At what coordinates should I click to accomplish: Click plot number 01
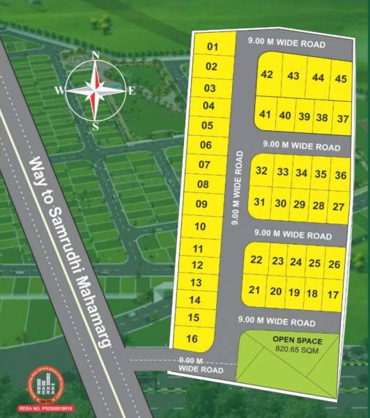[213, 47]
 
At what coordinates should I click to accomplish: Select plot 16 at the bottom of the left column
[193, 339]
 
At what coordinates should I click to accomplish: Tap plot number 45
[340, 79]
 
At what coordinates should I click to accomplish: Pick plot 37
[342, 118]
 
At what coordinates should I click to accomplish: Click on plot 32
[261, 171]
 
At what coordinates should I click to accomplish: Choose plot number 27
[338, 206]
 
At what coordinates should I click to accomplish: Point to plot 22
[256, 260]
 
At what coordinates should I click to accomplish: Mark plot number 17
[332, 295]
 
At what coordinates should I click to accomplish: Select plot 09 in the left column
[202, 204]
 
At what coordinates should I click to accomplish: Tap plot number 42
[267, 75]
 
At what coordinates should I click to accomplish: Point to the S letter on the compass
[95, 126]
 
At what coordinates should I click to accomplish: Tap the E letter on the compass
[132, 90]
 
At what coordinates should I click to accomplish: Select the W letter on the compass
[59, 91]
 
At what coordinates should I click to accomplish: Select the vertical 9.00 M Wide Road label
[238, 186]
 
